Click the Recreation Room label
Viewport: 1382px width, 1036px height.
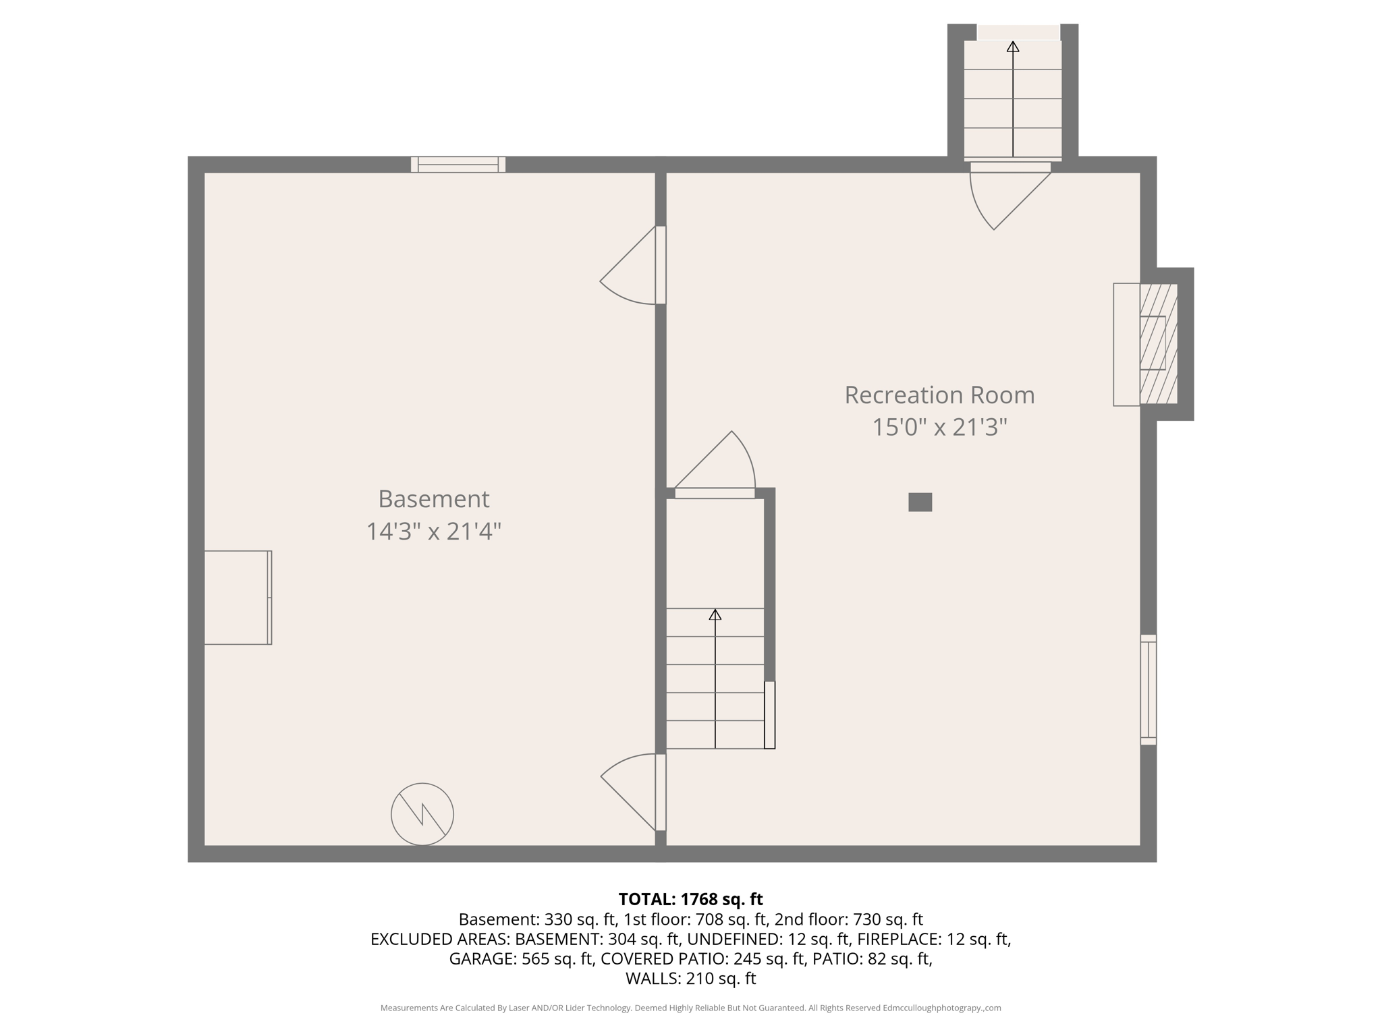939,395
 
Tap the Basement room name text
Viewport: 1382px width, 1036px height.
433,499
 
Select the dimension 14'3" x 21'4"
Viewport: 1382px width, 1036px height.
433,531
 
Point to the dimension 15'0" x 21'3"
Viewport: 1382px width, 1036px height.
939,428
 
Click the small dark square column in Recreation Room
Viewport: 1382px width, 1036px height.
920,502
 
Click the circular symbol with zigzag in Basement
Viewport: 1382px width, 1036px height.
422,813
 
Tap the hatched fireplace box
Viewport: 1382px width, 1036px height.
1158,344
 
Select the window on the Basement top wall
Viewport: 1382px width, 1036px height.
458,164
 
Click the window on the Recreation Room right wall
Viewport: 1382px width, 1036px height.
1148,689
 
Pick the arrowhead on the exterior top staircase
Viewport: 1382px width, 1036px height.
1012,47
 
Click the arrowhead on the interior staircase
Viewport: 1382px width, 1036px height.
715,614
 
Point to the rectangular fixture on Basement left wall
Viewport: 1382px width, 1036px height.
238,597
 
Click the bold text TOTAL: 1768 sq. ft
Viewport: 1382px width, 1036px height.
690,899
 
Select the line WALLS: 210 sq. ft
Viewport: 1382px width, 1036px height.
690,979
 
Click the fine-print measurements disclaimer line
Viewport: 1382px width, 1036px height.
690,1008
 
